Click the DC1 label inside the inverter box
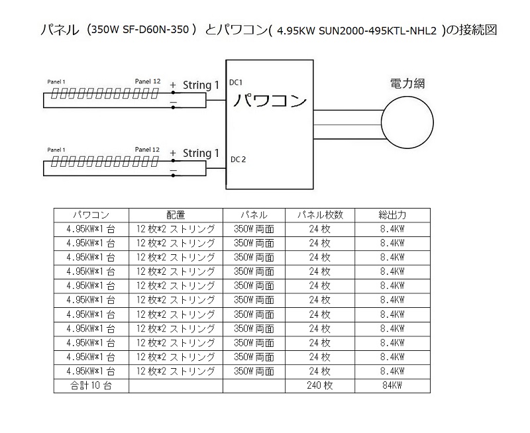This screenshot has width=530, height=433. (x=236, y=82)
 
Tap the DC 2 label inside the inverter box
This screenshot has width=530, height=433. (x=238, y=160)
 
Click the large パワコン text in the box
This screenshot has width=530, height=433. (x=270, y=101)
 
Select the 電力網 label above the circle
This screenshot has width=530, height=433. (x=407, y=83)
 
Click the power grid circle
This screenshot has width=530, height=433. (x=407, y=122)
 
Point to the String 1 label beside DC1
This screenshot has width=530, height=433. (x=201, y=85)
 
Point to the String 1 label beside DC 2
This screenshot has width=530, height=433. (x=201, y=154)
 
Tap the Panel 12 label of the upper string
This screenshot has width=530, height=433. (x=147, y=81)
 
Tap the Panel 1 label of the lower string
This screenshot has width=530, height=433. (x=56, y=150)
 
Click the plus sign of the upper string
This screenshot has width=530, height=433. (x=173, y=85)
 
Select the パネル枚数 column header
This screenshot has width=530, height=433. (x=320, y=215)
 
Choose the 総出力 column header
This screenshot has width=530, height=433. (x=392, y=215)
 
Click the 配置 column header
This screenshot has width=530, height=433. (x=176, y=215)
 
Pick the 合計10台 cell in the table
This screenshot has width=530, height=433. (x=91, y=385)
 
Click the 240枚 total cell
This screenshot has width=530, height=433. (x=320, y=385)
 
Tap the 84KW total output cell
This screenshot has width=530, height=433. (x=392, y=385)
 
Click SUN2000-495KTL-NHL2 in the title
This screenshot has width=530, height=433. (x=378, y=31)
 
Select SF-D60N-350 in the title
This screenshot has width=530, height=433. (x=156, y=30)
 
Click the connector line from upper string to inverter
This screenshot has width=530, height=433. (x=216, y=101)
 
